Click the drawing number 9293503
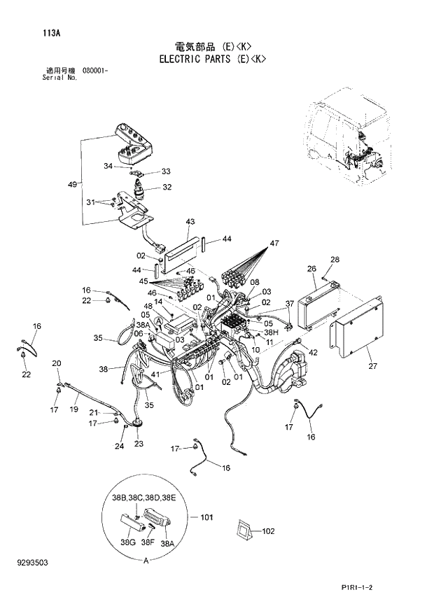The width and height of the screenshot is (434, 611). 36,562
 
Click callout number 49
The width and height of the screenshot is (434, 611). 72,184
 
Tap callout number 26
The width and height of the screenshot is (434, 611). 311,269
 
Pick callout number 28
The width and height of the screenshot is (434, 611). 335,260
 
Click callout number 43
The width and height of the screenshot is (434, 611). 190,222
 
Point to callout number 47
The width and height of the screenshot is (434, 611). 274,243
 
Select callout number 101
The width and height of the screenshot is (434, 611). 206,518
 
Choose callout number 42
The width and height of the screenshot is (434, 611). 313,352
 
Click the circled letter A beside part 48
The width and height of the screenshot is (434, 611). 159,320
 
